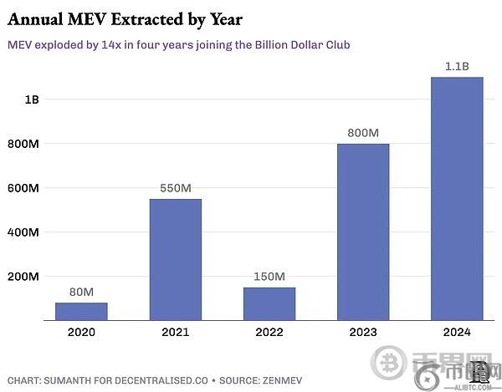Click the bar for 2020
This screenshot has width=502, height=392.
(x=81, y=311)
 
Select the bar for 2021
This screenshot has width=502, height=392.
(x=175, y=259)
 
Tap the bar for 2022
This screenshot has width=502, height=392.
(x=269, y=303)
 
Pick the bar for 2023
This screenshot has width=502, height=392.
(x=362, y=232)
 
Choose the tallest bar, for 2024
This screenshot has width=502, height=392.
(x=456, y=198)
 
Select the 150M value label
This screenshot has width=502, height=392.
(x=269, y=277)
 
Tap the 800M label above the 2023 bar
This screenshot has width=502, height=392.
(x=362, y=133)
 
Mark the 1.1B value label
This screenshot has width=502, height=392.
(x=456, y=66)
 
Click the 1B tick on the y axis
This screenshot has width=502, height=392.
(x=32, y=99)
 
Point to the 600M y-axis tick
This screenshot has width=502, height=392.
(x=23, y=188)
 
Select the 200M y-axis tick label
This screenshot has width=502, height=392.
(x=23, y=276)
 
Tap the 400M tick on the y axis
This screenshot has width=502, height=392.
(x=23, y=232)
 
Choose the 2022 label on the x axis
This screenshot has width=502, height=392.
(x=269, y=333)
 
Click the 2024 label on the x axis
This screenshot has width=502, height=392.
(x=456, y=333)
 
